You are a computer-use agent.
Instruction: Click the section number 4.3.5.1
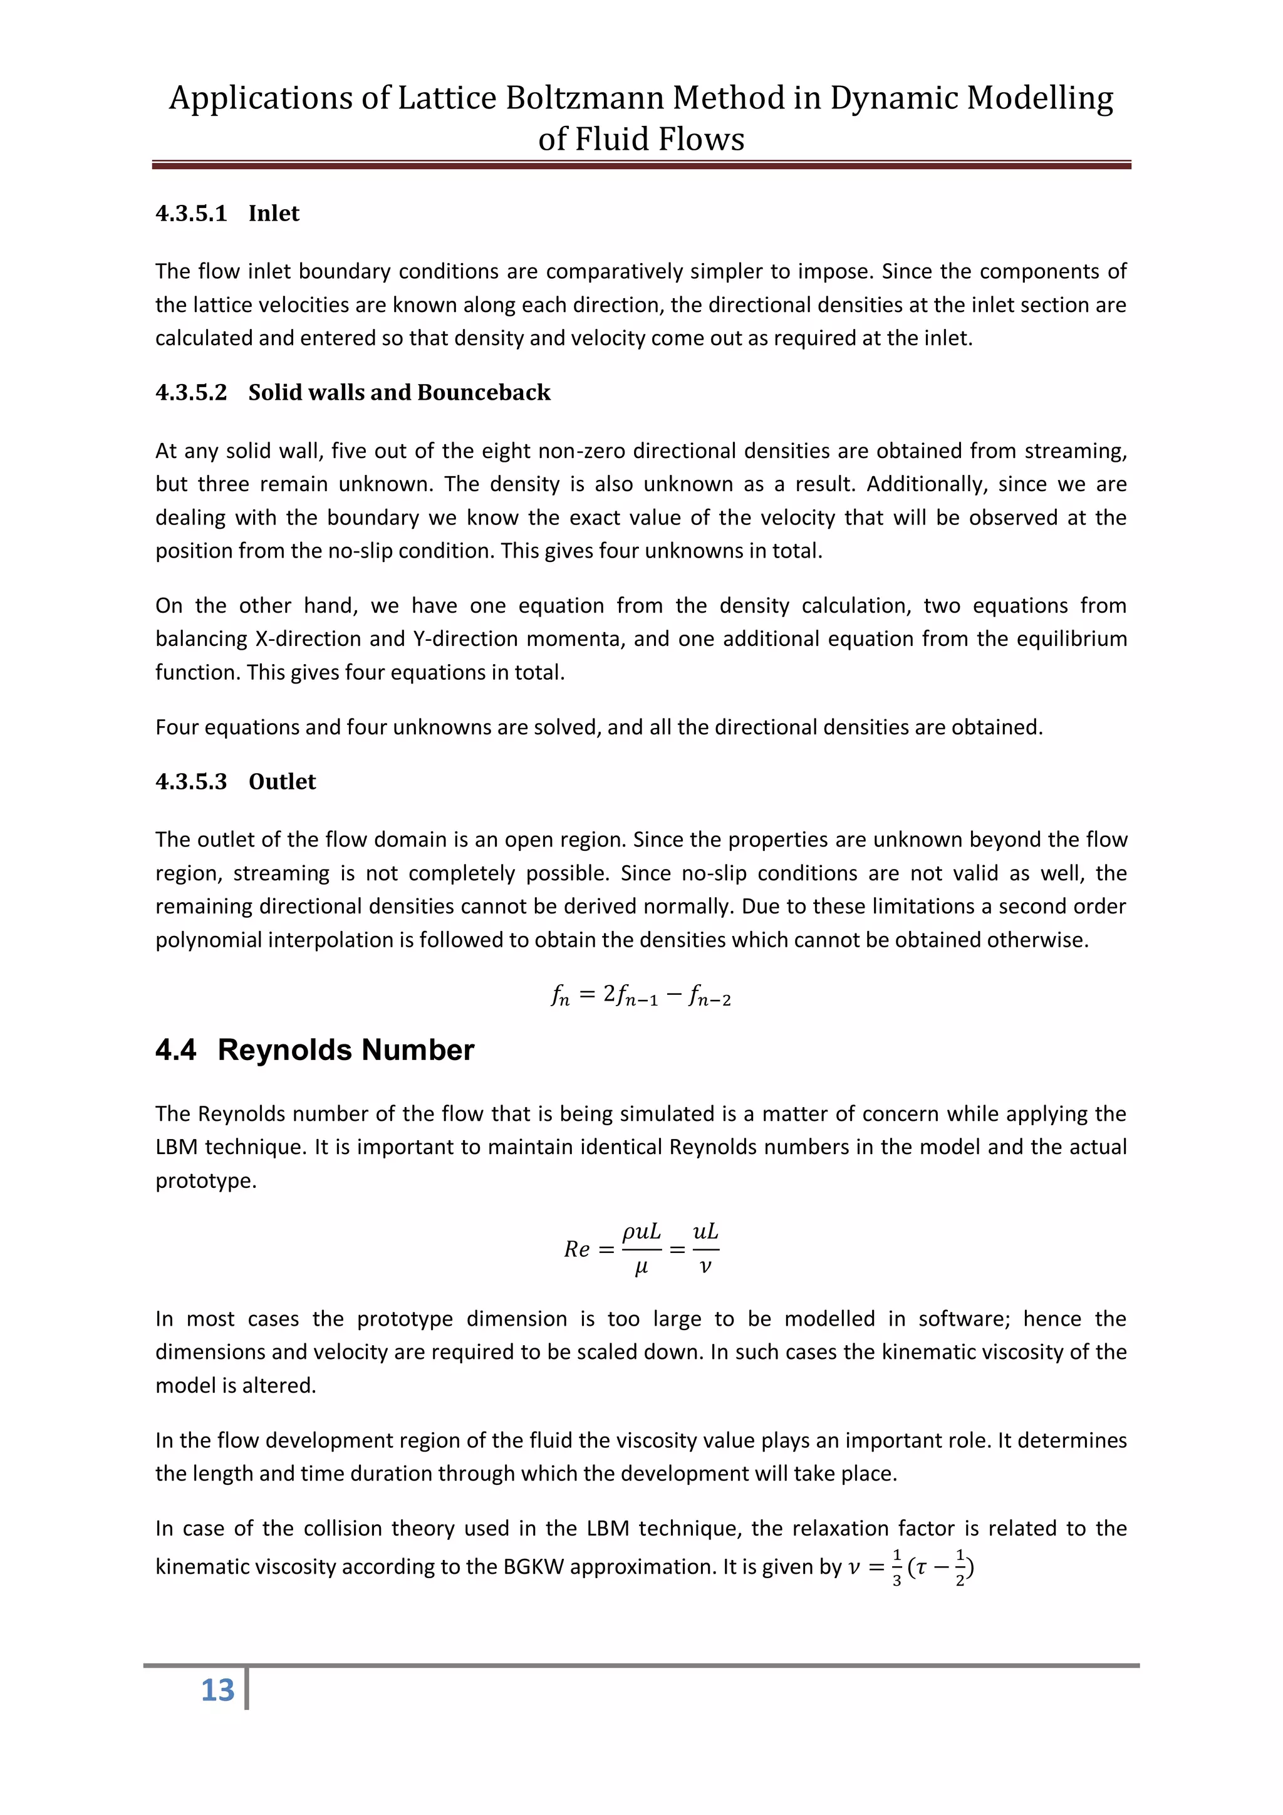190,214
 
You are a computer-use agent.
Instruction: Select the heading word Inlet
274,214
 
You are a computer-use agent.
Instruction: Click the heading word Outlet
282,781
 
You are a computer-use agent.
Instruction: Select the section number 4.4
175,1050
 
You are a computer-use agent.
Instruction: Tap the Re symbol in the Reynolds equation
576,1249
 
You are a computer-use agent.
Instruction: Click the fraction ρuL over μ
641,1249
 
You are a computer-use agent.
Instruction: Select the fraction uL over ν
705,1249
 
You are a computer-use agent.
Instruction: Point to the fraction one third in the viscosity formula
896,1568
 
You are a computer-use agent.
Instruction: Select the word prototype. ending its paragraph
205,1181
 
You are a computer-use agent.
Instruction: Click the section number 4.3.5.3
190,781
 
